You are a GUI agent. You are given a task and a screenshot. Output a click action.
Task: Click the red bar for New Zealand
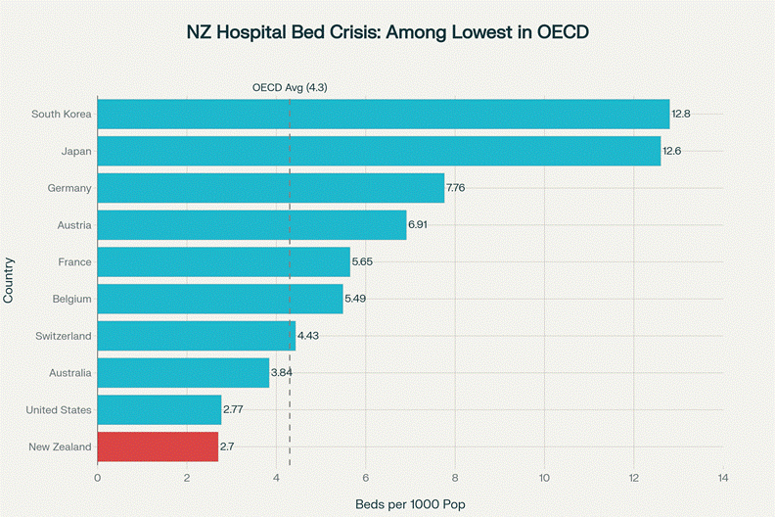[x=158, y=446]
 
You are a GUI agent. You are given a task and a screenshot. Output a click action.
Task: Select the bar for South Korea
[x=384, y=114]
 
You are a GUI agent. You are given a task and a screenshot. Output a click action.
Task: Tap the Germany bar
[x=271, y=188]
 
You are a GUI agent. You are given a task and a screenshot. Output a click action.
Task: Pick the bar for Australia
[x=183, y=372]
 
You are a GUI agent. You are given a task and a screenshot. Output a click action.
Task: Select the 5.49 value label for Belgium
[x=357, y=299]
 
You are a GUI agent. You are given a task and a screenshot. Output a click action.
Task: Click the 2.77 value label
[x=233, y=409]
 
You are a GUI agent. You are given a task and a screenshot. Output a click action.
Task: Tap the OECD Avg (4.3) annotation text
[x=290, y=87]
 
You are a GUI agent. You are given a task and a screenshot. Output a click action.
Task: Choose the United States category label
[x=59, y=409]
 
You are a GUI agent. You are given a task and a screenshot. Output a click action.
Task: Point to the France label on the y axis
[x=74, y=261]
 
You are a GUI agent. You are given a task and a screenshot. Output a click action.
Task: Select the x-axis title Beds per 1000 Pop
[x=410, y=503]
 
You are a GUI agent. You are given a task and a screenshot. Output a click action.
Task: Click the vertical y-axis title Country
[x=9, y=280]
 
